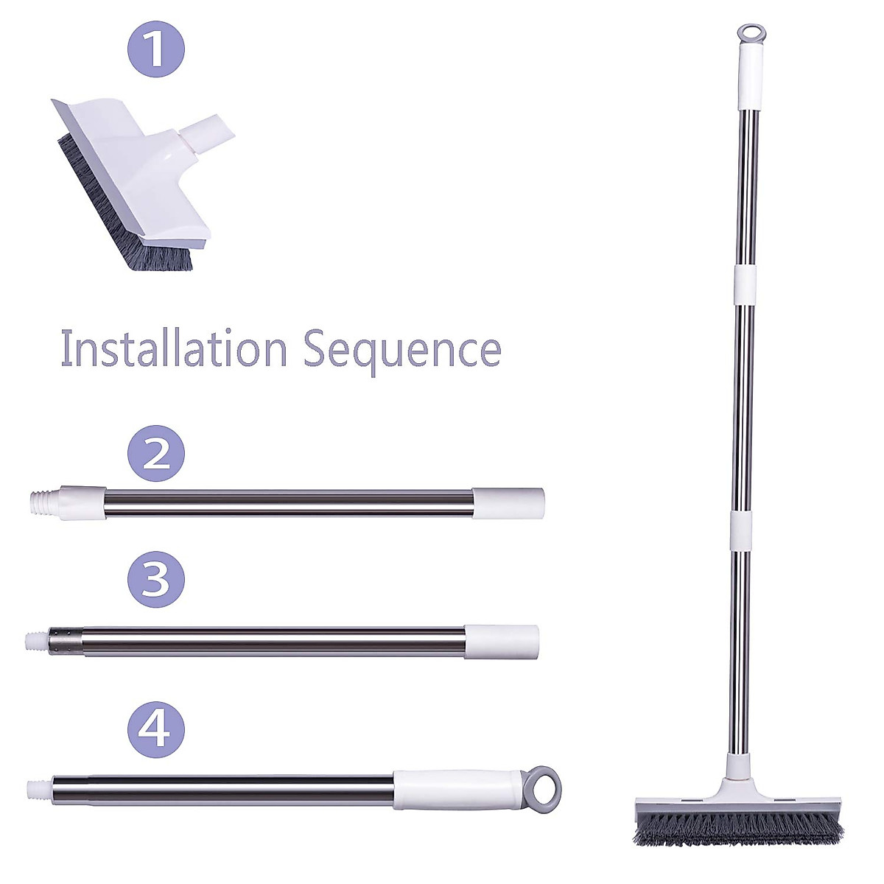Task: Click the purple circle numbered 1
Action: (x=156, y=49)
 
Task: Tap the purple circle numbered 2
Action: (x=155, y=454)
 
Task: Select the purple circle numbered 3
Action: (x=155, y=580)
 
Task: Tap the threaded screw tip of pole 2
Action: (x=43, y=502)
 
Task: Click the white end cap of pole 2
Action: (x=508, y=502)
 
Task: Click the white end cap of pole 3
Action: (x=501, y=640)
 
